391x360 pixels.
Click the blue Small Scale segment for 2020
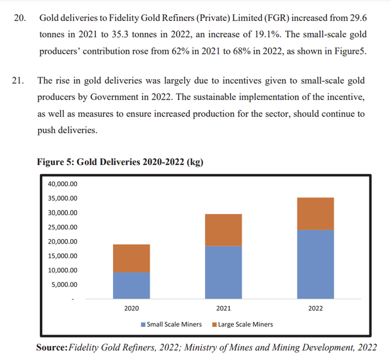coord(131,285)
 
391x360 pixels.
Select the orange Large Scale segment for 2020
coord(131,258)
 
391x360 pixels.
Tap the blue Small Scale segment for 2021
coord(223,272)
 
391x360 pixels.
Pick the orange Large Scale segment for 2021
coord(223,230)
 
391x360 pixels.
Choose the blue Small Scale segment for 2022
coord(315,264)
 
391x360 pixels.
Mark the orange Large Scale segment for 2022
coord(315,213)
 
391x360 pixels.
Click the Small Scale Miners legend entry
coord(171,324)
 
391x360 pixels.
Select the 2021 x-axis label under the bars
coord(223,308)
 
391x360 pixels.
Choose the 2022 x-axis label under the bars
coord(315,308)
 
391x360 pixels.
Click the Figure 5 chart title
coord(120,162)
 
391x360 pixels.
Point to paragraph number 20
coord(20,19)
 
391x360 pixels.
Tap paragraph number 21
coord(20,81)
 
